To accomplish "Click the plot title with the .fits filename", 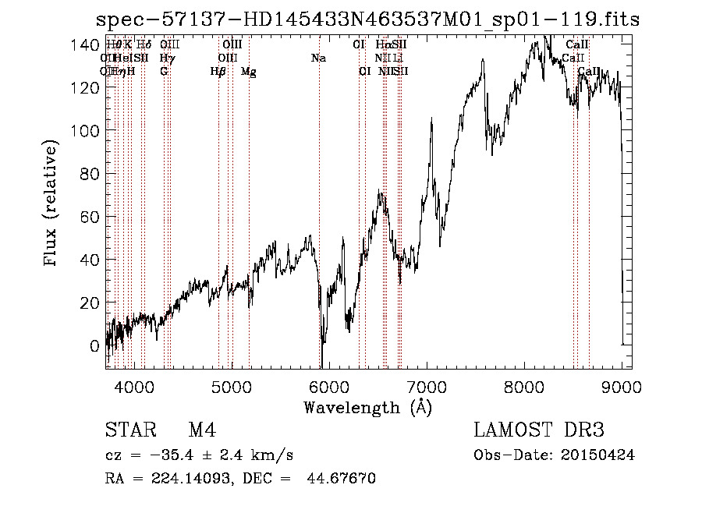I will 367,19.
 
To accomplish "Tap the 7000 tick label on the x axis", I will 427,386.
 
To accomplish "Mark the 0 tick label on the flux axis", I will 95,345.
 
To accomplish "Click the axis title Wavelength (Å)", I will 367,407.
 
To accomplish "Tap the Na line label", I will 318,58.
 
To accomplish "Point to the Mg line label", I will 248,72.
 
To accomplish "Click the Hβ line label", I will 218,72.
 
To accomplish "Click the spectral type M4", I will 202,431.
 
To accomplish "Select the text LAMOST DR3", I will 539,431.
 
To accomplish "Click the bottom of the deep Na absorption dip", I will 321,365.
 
